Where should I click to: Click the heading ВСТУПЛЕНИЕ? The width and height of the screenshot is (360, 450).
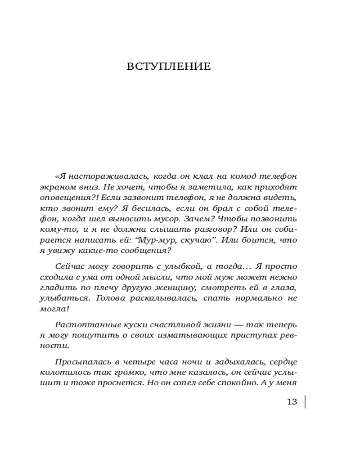(x=169, y=67)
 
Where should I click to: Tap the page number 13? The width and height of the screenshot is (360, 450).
(x=292, y=402)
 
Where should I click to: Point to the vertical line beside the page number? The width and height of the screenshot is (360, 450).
(x=305, y=401)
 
